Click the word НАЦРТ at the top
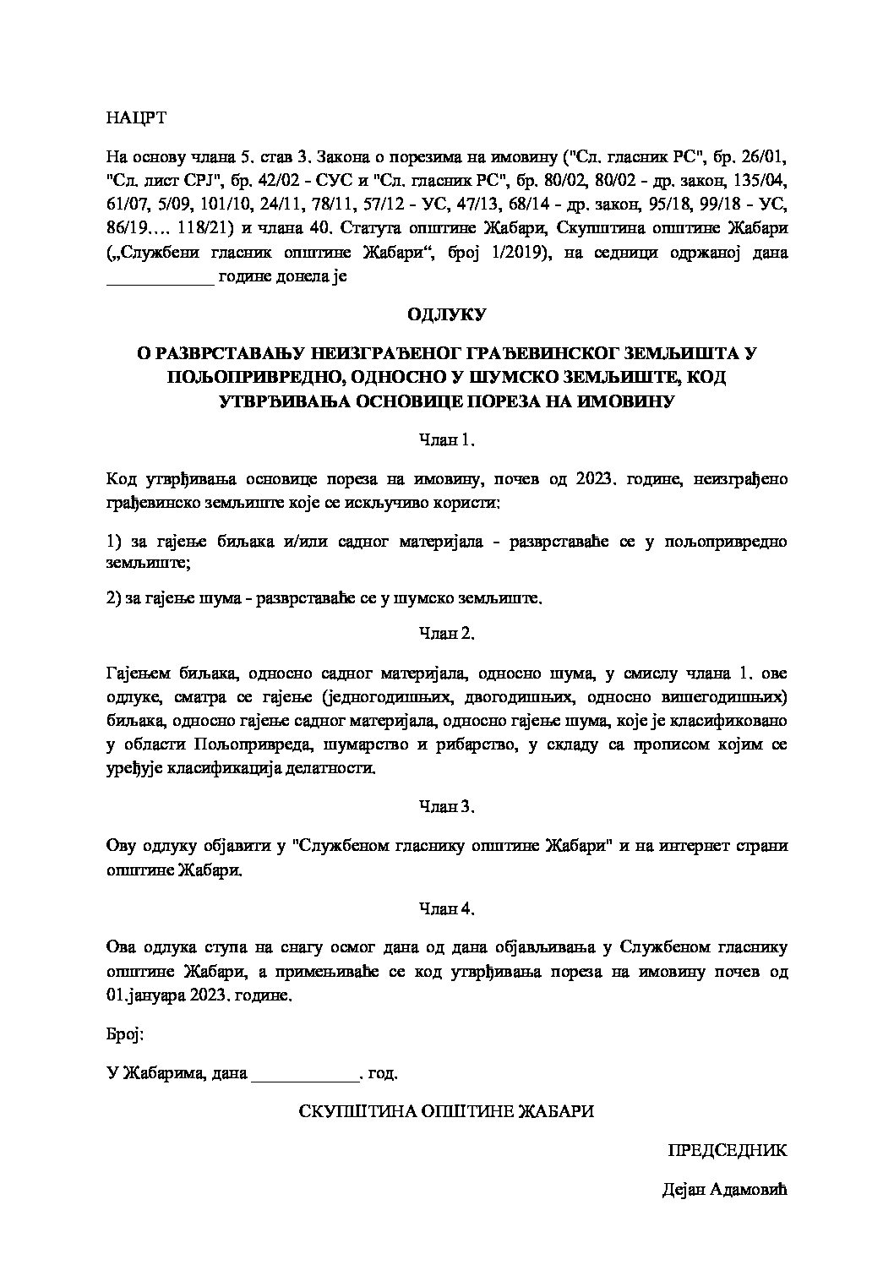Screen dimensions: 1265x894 136,117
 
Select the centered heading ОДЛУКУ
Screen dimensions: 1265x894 446,314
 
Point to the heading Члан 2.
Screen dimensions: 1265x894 447,633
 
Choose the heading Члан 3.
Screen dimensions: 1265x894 447,806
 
